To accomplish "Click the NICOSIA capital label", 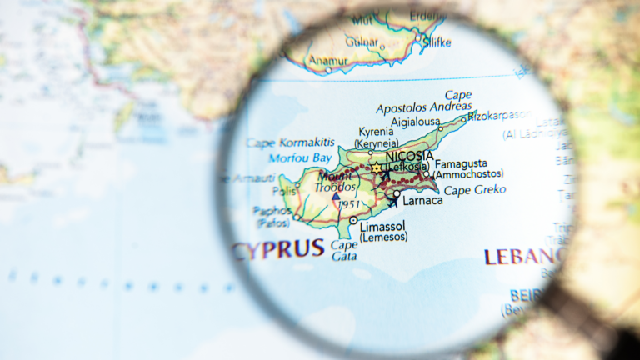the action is [409, 156].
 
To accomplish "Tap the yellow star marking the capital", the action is [376, 167].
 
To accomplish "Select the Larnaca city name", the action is [421, 201].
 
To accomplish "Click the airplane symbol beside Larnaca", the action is [392, 201].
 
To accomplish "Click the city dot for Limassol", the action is [353, 221].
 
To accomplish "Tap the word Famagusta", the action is [461, 163].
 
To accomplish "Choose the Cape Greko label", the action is [474, 190].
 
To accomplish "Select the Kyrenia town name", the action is [375, 132].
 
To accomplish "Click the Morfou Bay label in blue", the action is [300, 157].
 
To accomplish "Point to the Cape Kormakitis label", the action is [291, 142].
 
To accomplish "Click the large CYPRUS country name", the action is [277, 248].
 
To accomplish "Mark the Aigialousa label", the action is [415, 122].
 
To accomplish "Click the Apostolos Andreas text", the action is [424, 108].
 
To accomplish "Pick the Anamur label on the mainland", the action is [327, 60].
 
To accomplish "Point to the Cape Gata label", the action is [344, 251].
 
